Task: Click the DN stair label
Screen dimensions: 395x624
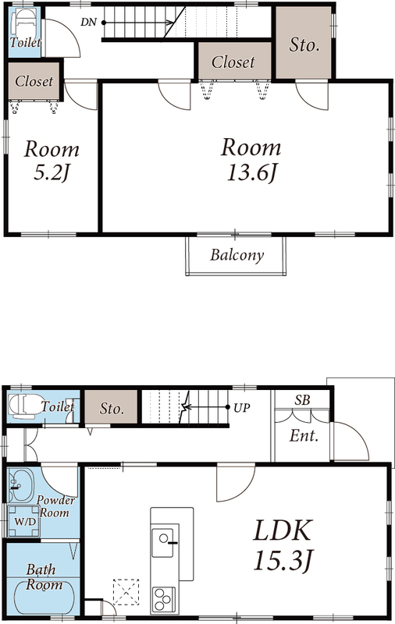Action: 88,23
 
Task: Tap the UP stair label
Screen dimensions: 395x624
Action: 242,408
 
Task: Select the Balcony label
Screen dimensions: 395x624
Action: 237,255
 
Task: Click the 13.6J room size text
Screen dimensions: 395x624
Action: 251,172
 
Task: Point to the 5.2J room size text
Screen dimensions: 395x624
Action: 52,172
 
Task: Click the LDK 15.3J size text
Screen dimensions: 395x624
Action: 284,560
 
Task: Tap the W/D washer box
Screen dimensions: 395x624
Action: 24,521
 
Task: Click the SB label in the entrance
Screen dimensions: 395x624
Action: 302,399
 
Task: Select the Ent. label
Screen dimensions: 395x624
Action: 304,436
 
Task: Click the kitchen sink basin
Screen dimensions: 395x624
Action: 162,543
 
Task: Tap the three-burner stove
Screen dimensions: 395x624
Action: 163,599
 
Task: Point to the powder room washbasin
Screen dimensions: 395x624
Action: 21,485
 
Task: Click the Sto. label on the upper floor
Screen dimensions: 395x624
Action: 304,44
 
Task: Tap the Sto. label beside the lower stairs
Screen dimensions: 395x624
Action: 111,409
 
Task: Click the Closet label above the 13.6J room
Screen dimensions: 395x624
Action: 233,62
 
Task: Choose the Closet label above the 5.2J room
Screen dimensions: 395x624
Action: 34,81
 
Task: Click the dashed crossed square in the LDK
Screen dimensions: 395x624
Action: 126,592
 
